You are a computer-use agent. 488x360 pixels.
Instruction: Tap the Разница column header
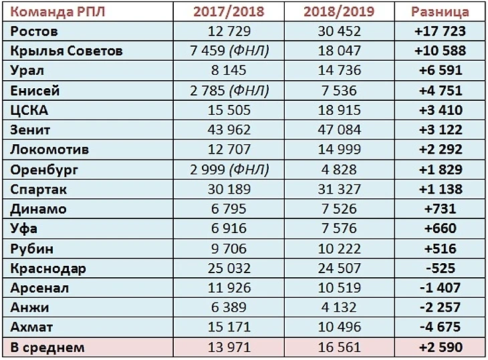click(x=440, y=12)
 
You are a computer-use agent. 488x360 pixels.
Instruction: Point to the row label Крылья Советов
click(x=67, y=51)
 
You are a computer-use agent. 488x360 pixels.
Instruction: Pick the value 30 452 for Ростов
click(x=338, y=31)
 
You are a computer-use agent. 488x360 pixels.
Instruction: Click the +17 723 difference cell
click(x=440, y=31)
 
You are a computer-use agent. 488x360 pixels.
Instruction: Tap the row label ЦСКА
click(x=30, y=110)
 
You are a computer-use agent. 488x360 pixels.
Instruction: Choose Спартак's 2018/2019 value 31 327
click(x=338, y=189)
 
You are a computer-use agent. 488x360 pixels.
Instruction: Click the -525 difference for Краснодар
click(x=440, y=268)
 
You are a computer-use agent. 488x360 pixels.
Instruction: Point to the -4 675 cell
click(x=440, y=327)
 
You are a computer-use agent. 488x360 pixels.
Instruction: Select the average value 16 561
click(x=338, y=347)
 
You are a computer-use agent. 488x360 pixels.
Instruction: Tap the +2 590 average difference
click(x=440, y=347)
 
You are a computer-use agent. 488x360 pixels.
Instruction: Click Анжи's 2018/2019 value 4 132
click(x=338, y=307)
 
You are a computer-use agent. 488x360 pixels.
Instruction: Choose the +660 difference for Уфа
click(x=440, y=228)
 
